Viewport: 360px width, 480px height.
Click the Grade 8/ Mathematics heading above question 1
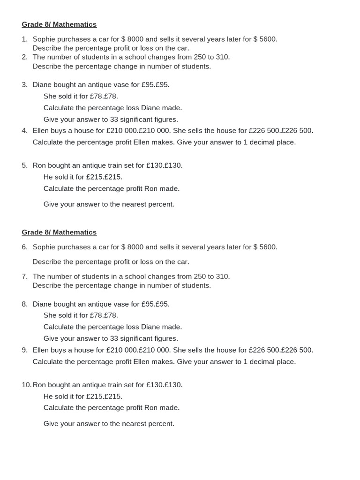point(59,24)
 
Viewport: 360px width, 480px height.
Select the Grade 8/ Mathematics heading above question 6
point(59,232)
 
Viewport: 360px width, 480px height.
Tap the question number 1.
point(24,39)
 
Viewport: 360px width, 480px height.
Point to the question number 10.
point(26,385)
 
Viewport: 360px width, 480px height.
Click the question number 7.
point(24,277)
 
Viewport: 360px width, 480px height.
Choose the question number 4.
point(24,131)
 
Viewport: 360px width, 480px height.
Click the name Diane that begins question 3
point(43,85)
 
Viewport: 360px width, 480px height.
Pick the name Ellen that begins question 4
point(42,131)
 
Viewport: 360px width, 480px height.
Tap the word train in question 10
point(115,385)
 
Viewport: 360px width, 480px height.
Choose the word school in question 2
point(127,57)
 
